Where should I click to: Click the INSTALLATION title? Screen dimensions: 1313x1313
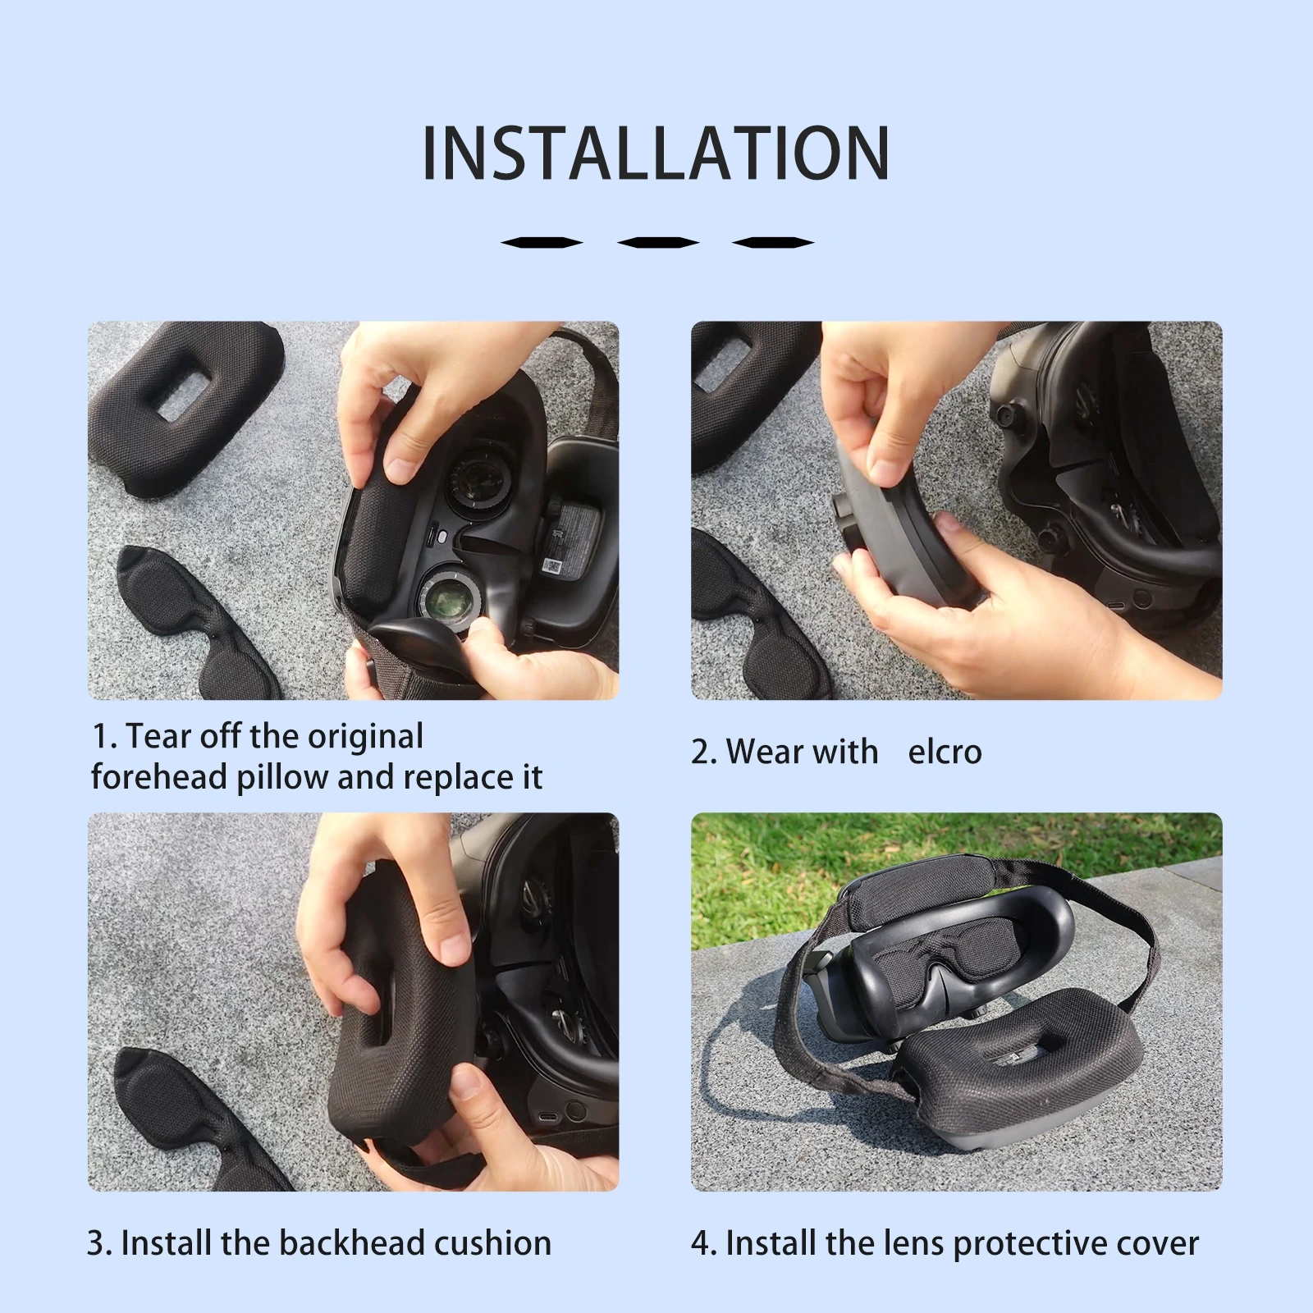coord(656,153)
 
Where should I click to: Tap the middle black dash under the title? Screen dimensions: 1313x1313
coord(657,242)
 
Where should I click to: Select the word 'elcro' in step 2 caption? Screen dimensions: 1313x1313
coord(945,752)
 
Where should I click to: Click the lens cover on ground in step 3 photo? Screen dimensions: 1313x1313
coord(181,1116)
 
